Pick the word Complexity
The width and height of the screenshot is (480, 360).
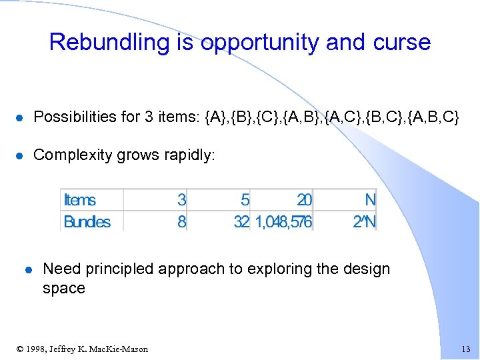point(73,155)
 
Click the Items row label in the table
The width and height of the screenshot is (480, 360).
point(79,200)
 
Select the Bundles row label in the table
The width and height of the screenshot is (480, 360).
point(87,221)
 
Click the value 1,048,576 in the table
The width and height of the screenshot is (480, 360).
point(283,221)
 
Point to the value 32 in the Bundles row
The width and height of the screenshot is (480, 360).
point(241,221)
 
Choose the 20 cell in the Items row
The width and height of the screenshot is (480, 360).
point(304,200)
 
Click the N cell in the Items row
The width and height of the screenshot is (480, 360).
point(370,200)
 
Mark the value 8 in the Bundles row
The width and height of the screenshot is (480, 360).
point(181,221)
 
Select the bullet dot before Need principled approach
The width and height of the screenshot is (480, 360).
point(28,270)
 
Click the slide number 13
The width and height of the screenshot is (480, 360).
point(465,349)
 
